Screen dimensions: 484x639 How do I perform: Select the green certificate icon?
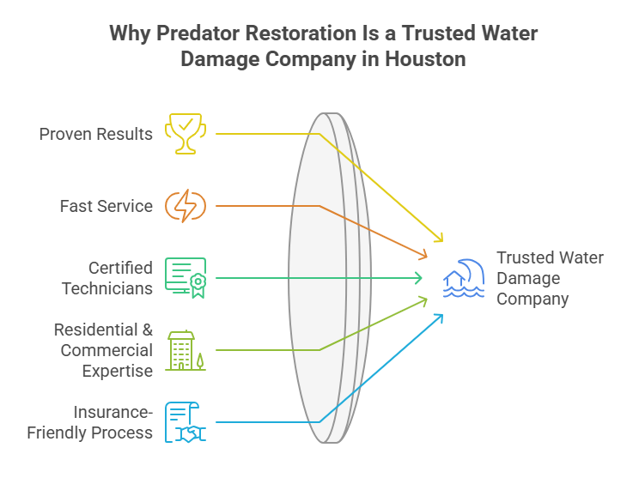pyautogui.click(x=186, y=277)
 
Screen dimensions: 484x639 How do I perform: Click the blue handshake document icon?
pyautogui.click(x=186, y=421)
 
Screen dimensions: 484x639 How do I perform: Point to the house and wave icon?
pyautogui.click(x=464, y=278)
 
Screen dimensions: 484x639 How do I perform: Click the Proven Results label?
pyautogui.click(x=96, y=134)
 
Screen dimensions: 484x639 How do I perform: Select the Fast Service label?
pyautogui.click(x=106, y=206)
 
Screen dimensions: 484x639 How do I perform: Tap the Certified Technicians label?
pyautogui.click(x=107, y=278)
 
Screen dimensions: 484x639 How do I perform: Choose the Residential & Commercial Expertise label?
pyautogui.click(x=103, y=350)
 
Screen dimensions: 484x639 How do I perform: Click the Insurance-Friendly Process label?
pyautogui.click(x=90, y=422)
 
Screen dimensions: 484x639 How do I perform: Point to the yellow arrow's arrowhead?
pyautogui.click(x=441, y=239)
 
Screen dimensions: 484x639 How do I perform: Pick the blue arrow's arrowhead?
pyautogui.click(x=441, y=316)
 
